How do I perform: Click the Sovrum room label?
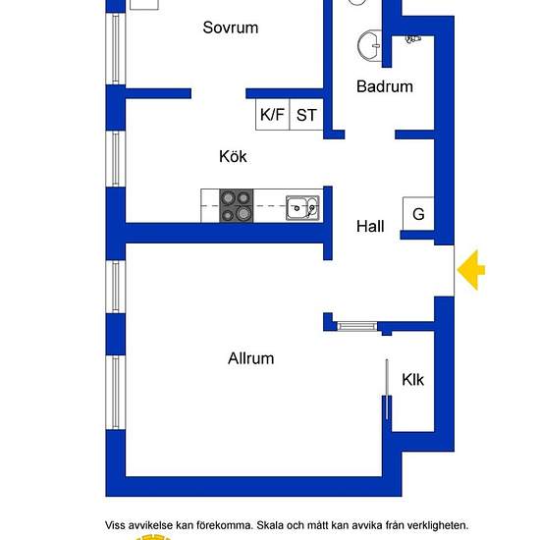(231, 27)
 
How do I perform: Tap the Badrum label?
(385, 86)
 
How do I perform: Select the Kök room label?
(233, 156)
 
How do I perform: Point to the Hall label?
(370, 226)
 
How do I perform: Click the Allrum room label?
(251, 358)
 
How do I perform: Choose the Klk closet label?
(413, 380)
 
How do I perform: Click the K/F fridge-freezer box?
(272, 114)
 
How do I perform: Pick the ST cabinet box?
(306, 114)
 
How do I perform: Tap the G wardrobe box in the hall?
(418, 213)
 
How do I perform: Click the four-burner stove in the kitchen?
(237, 205)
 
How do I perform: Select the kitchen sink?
(302, 208)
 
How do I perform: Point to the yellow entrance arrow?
(470, 270)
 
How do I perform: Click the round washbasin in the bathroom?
(369, 46)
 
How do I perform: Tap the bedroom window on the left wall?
(116, 48)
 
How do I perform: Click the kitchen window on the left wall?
(116, 159)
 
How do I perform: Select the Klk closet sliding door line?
(387, 389)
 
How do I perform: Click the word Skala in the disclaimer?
(270, 525)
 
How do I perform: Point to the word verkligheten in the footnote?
(438, 525)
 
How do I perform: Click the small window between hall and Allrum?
(356, 326)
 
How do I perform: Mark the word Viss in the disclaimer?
(115, 525)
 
